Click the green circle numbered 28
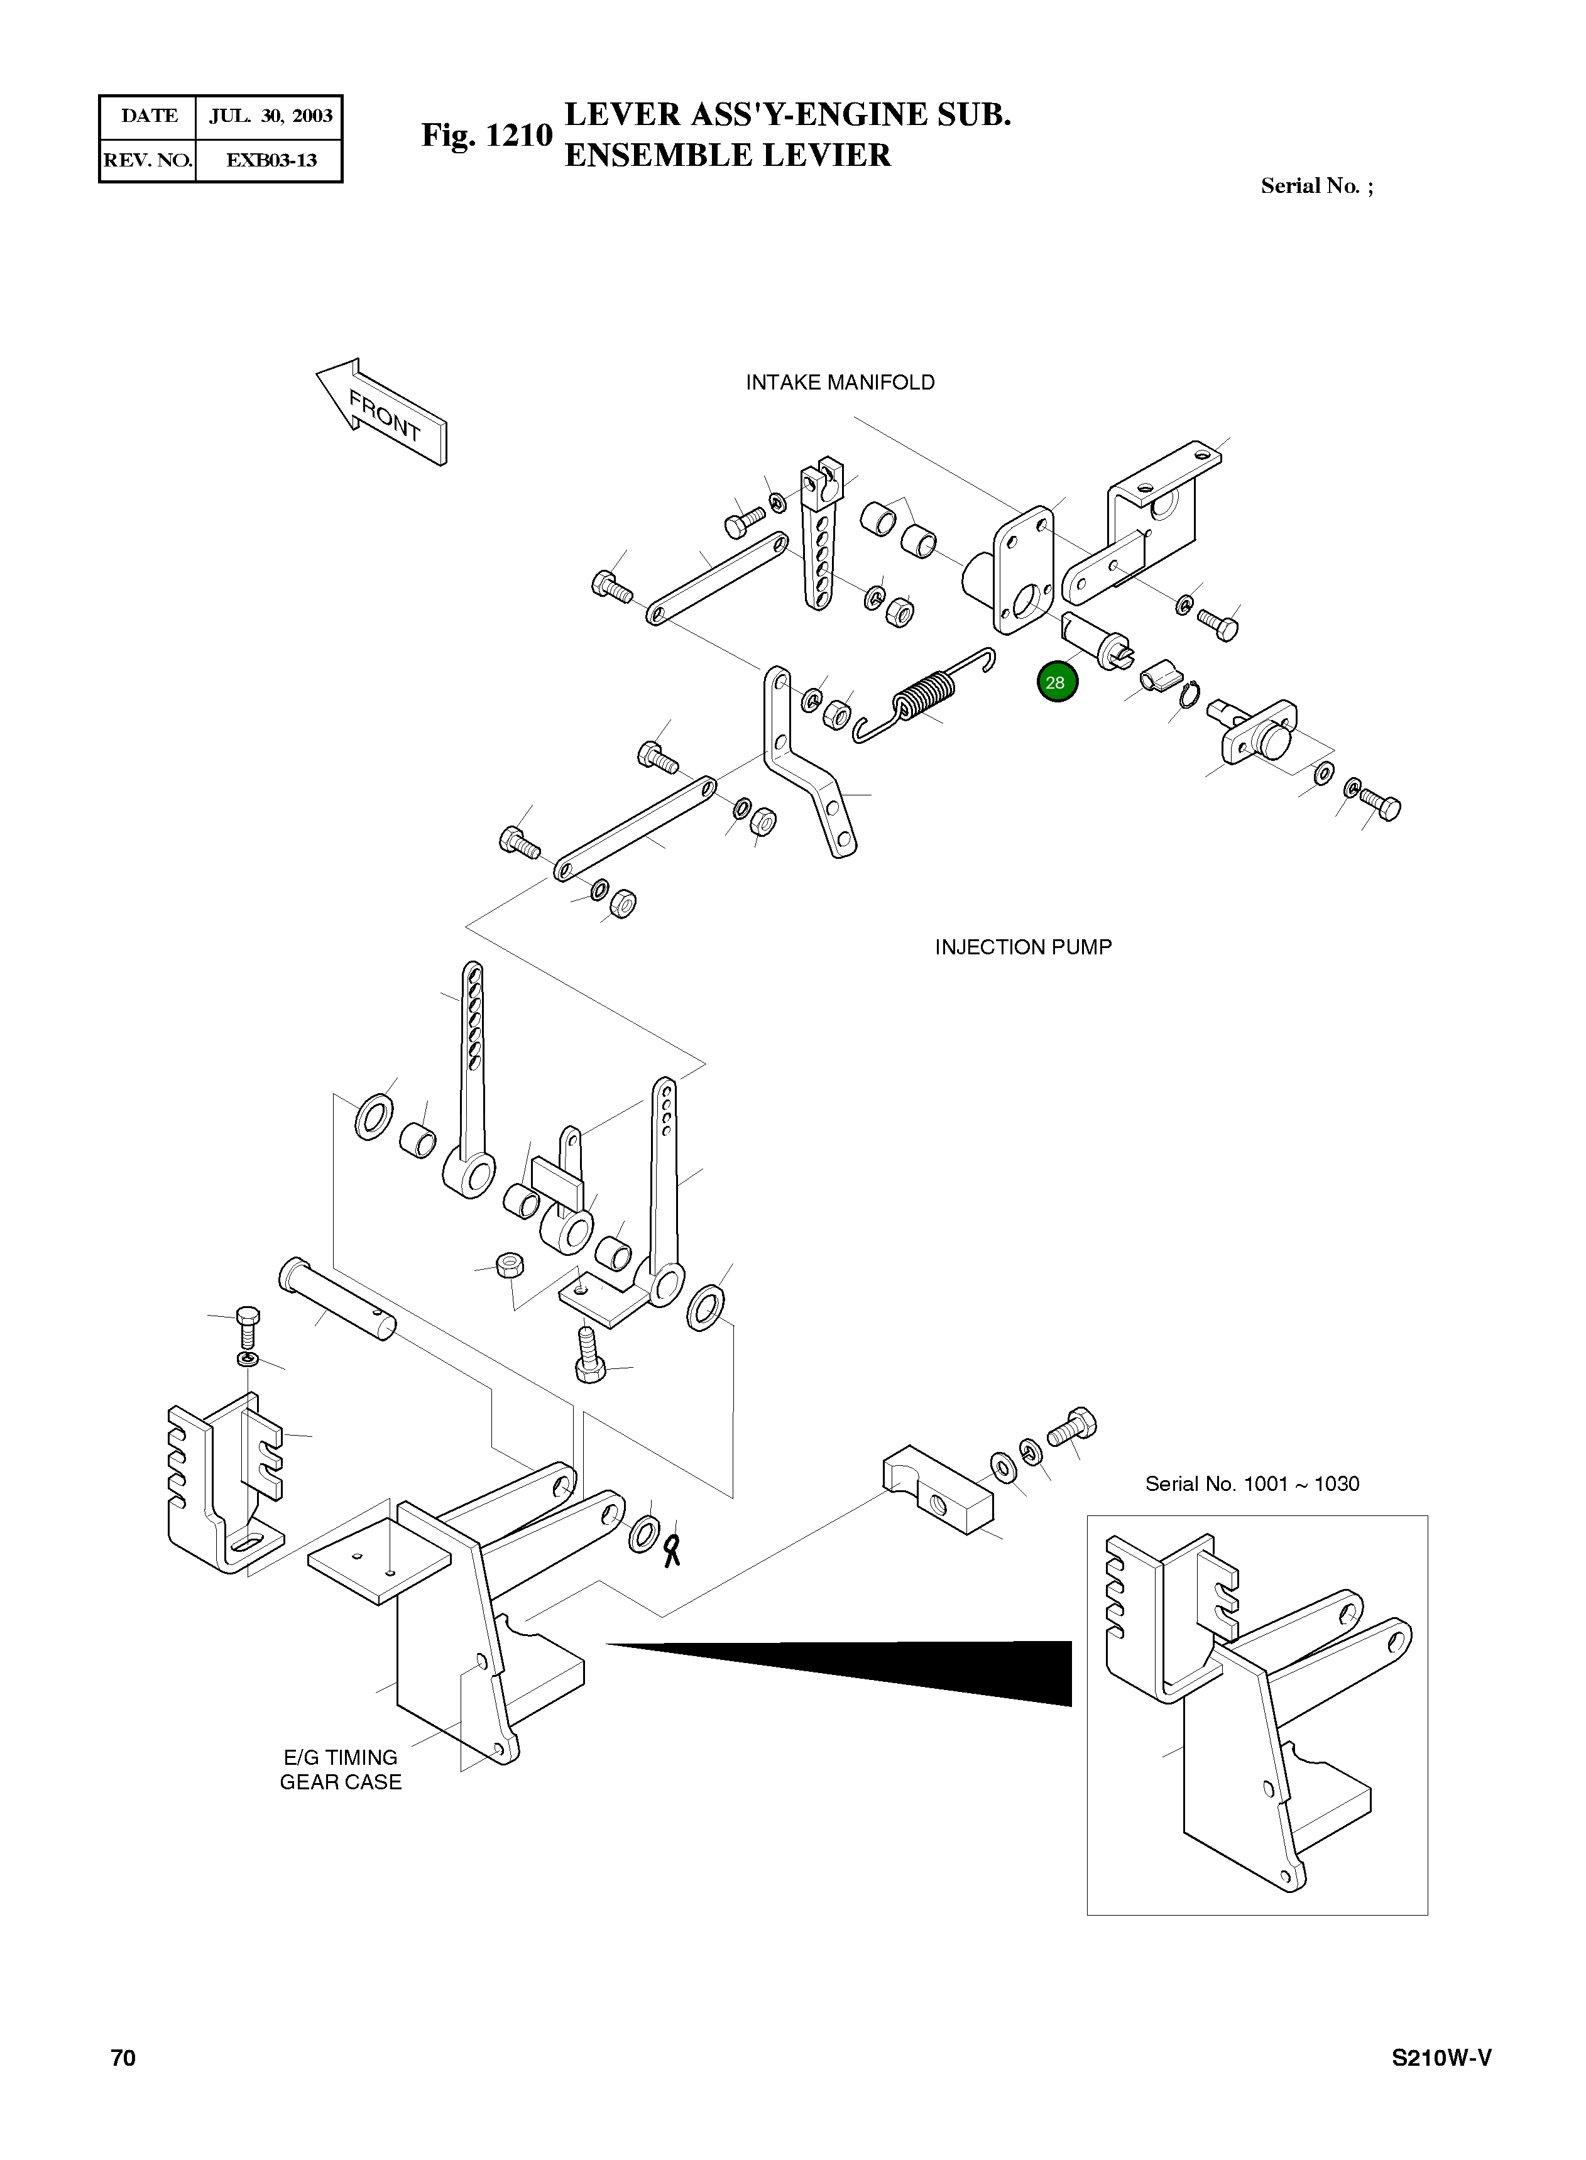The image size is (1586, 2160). tap(1057, 682)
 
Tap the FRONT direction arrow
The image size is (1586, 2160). tap(382, 412)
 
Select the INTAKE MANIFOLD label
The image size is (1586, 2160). tap(840, 382)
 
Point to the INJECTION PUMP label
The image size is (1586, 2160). tap(1024, 947)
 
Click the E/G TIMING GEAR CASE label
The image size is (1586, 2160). tap(341, 1769)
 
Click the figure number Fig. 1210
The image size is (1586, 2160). tap(487, 135)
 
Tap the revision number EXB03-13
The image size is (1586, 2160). tap(271, 160)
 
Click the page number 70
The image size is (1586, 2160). tap(123, 2058)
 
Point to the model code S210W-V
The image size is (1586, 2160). tap(1442, 2058)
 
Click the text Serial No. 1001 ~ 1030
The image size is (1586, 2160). tap(1252, 1483)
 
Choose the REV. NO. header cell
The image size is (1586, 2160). tap(148, 160)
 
